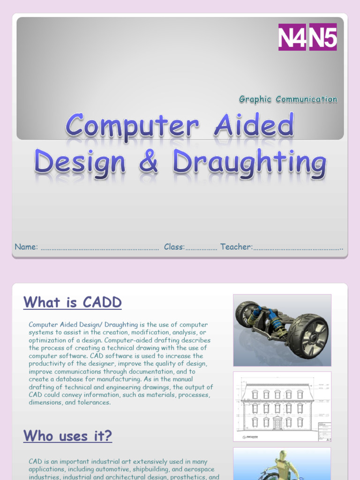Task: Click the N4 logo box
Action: click(292, 37)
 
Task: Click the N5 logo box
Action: click(322, 37)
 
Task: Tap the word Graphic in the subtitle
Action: click(255, 99)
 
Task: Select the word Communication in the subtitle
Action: click(307, 99)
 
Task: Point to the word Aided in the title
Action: click(254, 126)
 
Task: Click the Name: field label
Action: click(26, 247)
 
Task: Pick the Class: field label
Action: click(174, 247)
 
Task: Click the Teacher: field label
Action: click(236, 247)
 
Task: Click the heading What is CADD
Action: click(73, 302)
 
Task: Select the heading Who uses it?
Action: click(68, 436)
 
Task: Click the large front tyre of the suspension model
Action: click(307, 336)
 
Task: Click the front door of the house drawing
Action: click(277, 424)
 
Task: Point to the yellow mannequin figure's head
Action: click(282, 455)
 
